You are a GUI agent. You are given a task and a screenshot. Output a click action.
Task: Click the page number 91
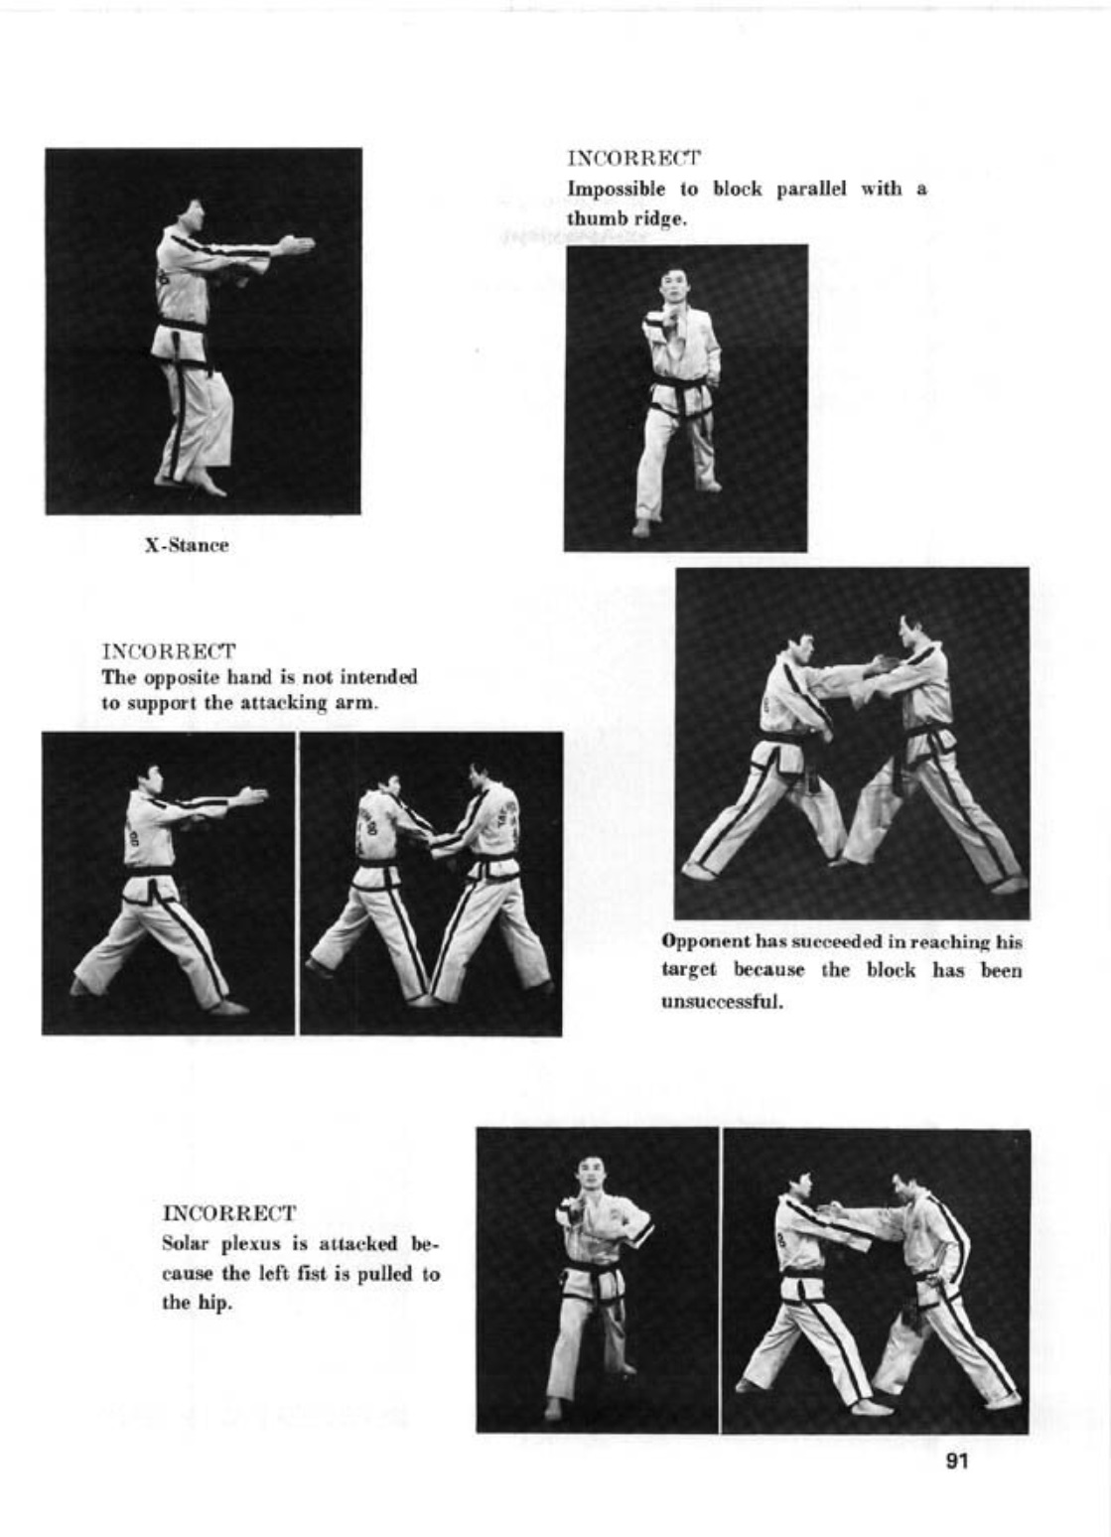pos(957,1461)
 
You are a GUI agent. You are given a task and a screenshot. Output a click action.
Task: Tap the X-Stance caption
pos(187,545)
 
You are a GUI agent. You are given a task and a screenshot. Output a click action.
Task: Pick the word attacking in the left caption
pos(287,703)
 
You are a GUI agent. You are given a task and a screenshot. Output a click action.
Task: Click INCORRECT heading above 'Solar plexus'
pos(228,1213)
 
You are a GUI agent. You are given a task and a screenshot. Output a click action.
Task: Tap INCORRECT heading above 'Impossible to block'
pos(633,159)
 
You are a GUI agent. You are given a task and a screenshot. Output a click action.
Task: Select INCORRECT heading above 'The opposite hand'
pos(169,652)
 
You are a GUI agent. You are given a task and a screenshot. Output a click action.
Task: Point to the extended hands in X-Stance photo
pos(295,243)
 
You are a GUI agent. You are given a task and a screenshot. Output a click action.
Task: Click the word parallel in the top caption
pos(811,189)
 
